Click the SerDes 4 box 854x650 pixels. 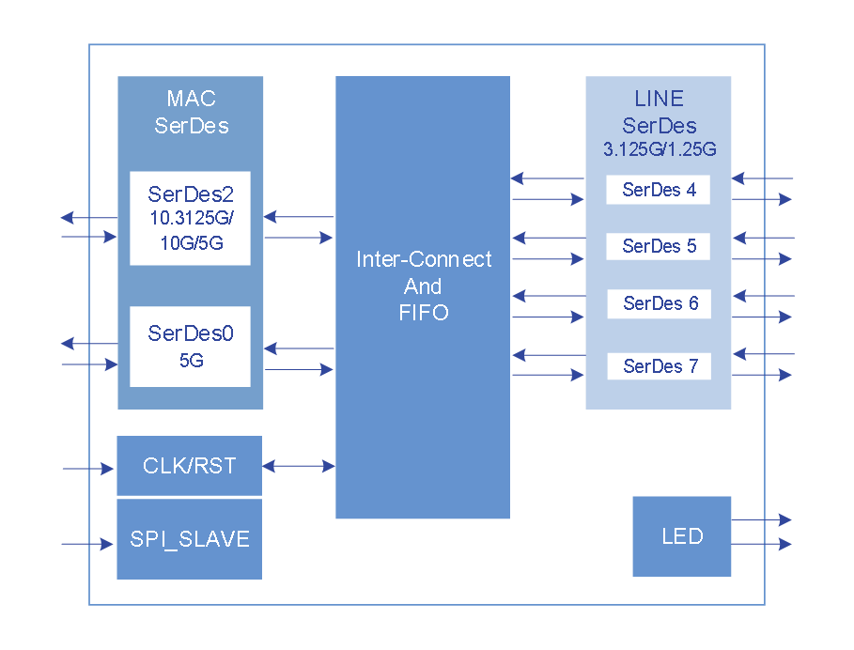click(x=658, y=190)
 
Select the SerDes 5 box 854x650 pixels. click(x=658, y=247)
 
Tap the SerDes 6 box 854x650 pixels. click(x=660, y=303)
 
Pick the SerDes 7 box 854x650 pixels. click(x=660, y=366)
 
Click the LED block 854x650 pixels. click(x=681, y=536)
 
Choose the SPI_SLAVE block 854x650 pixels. click(x=189, y=539)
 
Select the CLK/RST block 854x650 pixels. click(x=189, y=466)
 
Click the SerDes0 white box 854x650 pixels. click(x=190, y=346)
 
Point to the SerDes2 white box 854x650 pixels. click(x=190, y=218)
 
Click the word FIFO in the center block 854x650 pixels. click(x=424, y=313)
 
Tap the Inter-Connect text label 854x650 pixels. click(x=424, y=259)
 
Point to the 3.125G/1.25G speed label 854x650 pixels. click(x=660, y=148)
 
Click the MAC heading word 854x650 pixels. click(x=191, y=99)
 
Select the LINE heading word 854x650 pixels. click(x=660, y=99)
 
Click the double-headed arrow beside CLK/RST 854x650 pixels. click(x=299, y=466)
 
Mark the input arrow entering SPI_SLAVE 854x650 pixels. click(x=87, y=544)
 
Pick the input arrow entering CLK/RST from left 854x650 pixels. click(x=87, y=468)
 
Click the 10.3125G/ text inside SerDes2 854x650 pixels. click(x=191, y=218)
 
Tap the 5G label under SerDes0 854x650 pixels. click(x=191, y=360)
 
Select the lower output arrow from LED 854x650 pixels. click(x=762, y=545)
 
